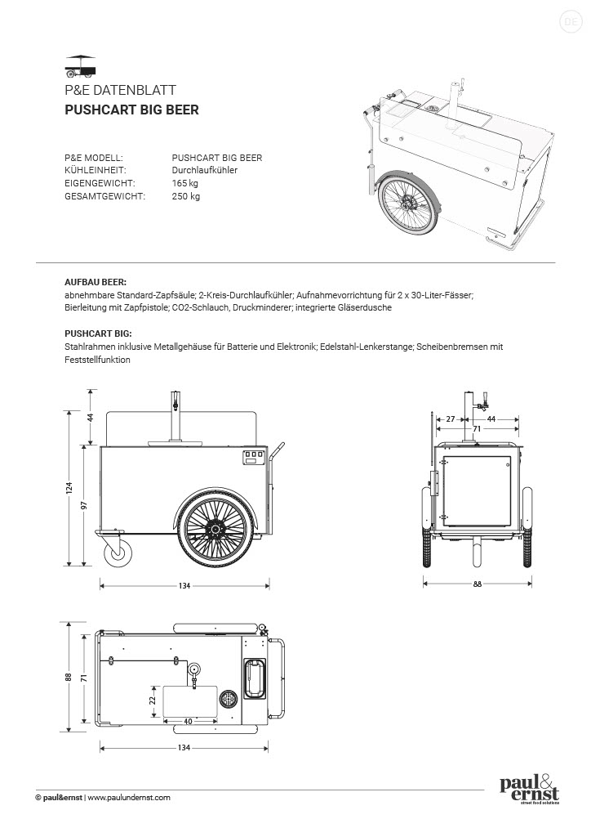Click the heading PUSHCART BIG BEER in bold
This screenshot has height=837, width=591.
pyautogui.click(x=131, y=110)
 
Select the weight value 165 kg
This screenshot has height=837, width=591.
pyautogui.click(x=185, y=183)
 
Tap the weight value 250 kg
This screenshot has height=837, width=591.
pyautogui.click(x=185, y=196)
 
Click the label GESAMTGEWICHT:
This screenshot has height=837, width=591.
pyautogui.click(x=104, y=196)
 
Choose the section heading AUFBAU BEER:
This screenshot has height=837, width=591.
pyautogui.click(x=96, y=280)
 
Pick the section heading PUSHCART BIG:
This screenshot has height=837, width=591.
pyautogui.click(x=98, y=333)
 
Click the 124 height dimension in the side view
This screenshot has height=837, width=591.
pyautogui.click(x=70, y=488)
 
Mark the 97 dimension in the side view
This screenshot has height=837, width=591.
pyautogui.click(x=83, y=504)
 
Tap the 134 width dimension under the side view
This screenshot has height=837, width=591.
pyautogui.click(x=184, y=585)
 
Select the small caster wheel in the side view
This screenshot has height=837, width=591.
pyautogui.click(x=119, y=553)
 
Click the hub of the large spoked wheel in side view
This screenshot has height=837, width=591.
pyautogui.click(x=214, y=530)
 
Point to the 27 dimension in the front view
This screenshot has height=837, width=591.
pyautogui.click(x=451, y=418)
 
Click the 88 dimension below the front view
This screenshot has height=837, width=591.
pyautogui.click(x=478, y=584)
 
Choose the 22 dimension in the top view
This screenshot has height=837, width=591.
pyautogui.click(x=152, y=699)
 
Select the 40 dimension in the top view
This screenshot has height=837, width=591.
pyautogui.click(x=189, y=721)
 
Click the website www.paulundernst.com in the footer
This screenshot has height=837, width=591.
pyautogui.click(x=128, y=797)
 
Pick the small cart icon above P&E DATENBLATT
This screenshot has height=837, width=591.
pyautogui.click(x=80, y=65)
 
